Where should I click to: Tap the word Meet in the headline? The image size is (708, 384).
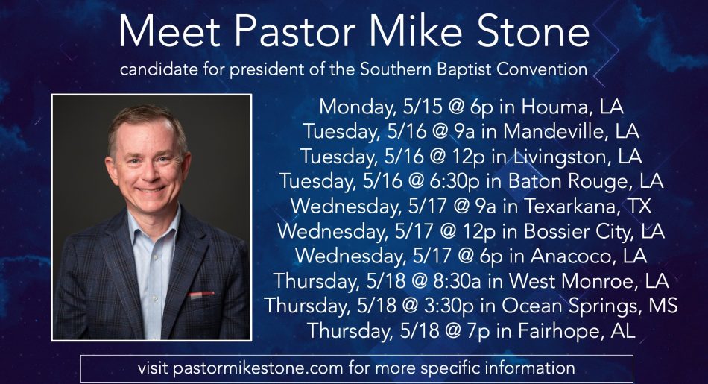[169, 31]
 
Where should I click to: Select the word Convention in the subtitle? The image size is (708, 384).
[542, 69]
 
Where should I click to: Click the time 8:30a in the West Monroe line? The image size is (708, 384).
[457, 280]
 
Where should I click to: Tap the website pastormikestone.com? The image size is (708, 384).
[258, 368]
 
